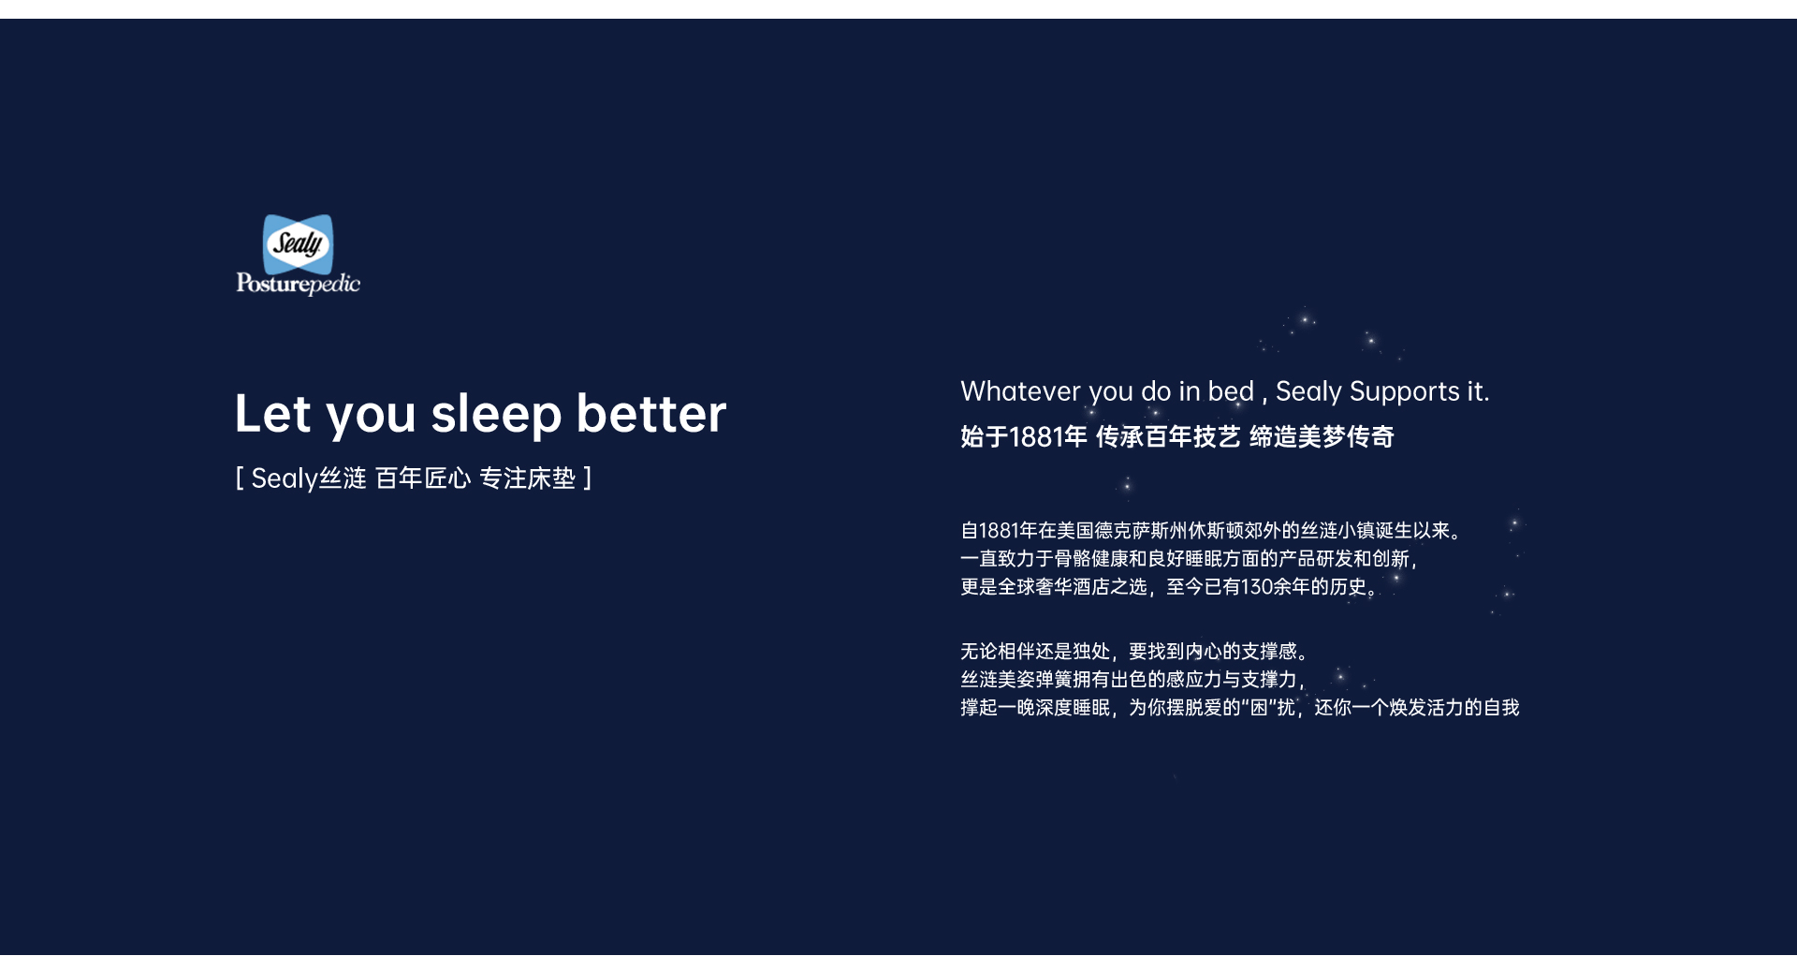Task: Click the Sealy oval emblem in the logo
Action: point(298,243)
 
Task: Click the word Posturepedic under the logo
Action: point(298,284)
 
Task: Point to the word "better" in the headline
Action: point(651,414)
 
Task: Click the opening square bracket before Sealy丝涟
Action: point(240,478)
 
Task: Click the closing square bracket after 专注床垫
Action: point(588,478)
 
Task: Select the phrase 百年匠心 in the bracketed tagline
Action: point(423,478)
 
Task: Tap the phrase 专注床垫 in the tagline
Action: point(527,478)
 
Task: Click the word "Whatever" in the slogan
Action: point(1020,391)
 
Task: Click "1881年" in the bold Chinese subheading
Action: point(1048,437)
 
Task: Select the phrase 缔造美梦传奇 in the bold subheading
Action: point(1322,437)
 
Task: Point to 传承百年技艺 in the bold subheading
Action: point(1168,437)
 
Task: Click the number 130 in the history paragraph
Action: point(1257,587)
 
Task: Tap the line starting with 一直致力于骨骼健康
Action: point(1189,559)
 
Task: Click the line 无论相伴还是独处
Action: point(1134,652)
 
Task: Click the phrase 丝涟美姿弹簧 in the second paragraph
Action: point(1016,680)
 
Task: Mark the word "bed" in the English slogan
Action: point(1231,391)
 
